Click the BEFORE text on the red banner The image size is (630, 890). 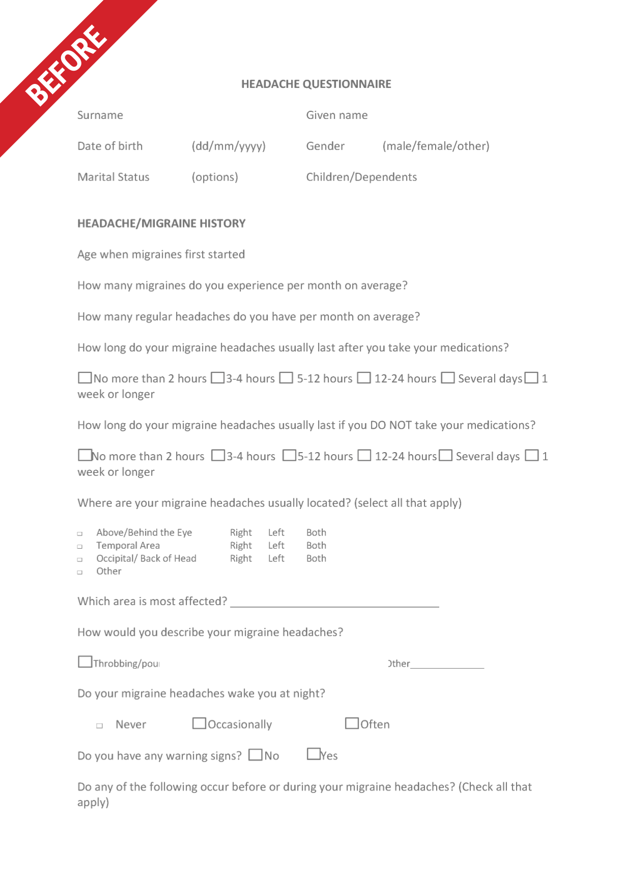(66, 65)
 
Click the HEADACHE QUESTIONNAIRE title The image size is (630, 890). (316, 84)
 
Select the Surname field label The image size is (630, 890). (100, 115)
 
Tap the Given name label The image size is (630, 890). (336, 115)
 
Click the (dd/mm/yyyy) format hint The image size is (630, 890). (228, 146)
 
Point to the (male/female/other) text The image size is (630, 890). (436, 146)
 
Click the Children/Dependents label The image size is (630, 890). (361, 177)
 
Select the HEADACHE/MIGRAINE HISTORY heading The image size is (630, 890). (161, 223)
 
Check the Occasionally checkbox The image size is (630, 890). (199, 723)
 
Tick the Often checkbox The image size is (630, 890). (352, 723)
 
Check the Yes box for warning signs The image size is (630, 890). (313, 754)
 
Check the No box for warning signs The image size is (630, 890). (255, 755)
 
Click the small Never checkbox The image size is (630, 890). (100, 726)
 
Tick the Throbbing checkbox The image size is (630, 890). (85, 662)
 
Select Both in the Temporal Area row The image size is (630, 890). (316, 545)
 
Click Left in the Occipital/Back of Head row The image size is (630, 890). (276, 558)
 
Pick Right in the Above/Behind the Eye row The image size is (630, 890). (241, 532)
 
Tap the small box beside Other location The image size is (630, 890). (80, 572)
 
